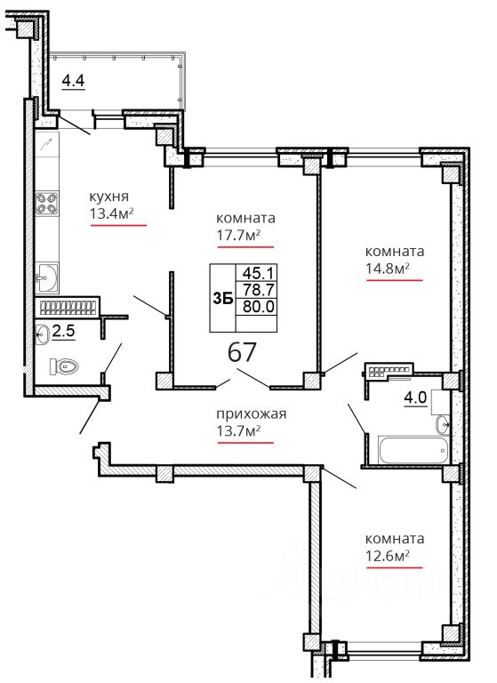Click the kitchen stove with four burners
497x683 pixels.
[46, 204]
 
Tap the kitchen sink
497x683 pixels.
[46, 277]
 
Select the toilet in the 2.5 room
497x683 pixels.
[65, 366]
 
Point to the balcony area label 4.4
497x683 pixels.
[73, 81]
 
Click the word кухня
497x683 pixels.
[108, 197]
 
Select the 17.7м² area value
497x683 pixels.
[238, 235]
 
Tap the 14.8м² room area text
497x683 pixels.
[388, 269]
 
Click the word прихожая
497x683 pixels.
[252, 414]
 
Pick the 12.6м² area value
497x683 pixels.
[388, 556]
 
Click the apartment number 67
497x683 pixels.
[242, 352]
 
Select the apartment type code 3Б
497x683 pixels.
[222, 299]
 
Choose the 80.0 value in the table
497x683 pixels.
[258, 307]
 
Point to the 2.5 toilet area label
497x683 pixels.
[64, 332]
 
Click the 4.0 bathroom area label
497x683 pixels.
[415, 398]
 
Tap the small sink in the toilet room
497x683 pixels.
[42, 334]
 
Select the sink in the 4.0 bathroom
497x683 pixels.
[443, 425]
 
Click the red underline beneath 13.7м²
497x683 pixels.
[245, 443]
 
